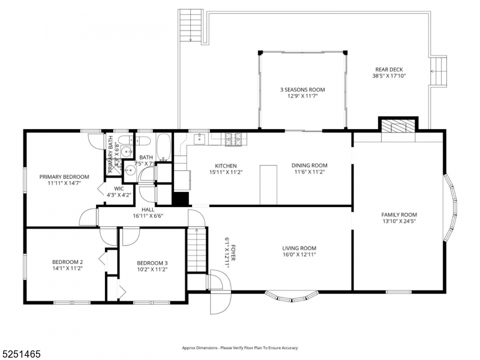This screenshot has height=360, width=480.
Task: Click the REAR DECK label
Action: click(x=389, y=69)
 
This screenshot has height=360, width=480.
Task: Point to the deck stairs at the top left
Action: click(x=190, y=25)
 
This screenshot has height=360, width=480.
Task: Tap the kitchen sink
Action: click(x=200, y=139)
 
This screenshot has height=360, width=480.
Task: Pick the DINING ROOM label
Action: click(x=310, y=166)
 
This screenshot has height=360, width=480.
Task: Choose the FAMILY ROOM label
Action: click(x=399, y=215)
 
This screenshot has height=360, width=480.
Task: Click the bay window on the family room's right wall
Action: click(x=451, y=208)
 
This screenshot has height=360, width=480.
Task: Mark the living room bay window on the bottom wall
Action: click(x=291, y=295)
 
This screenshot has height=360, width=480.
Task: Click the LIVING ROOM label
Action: click(x=299, y=248)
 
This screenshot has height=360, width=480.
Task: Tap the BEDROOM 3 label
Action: click(x=152, y=263)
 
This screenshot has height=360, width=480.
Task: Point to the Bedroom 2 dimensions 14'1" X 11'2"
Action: click(x=67, y=269)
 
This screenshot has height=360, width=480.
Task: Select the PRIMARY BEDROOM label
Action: click(x=64, y=176)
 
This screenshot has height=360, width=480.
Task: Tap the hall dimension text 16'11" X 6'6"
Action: click(x=148, y=216)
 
